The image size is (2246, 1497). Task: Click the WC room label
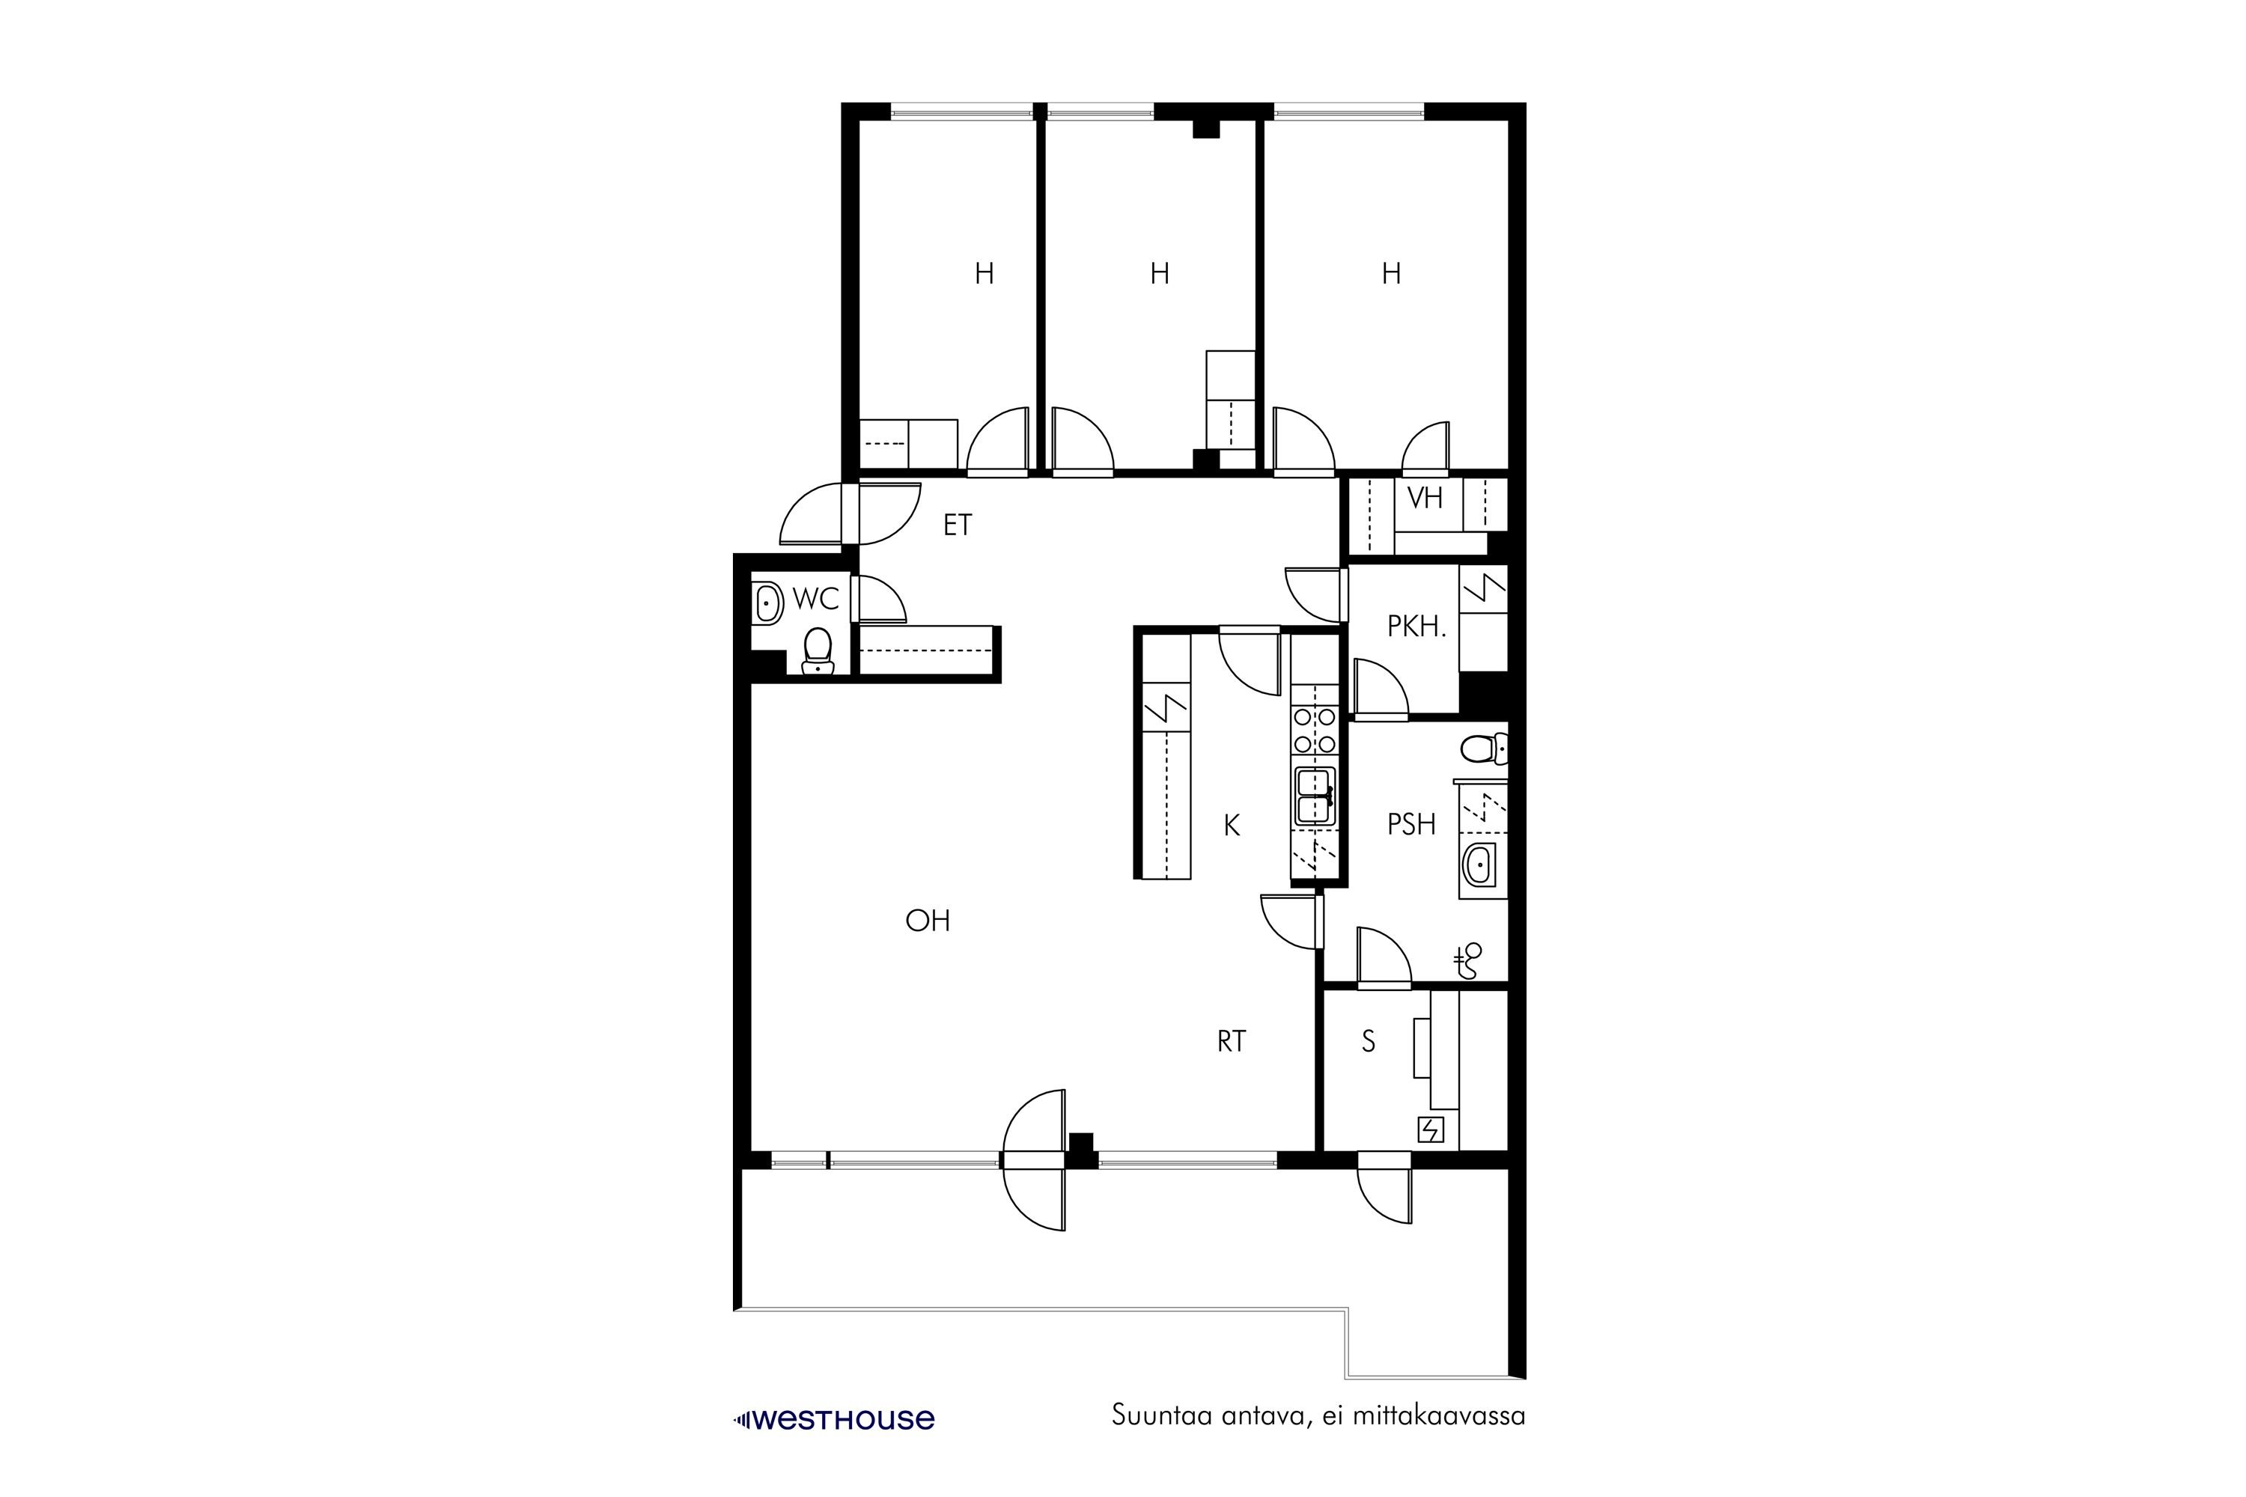(815, 599)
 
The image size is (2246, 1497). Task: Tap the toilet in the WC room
(818, 651)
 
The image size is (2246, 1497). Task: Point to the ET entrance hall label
(957, 525)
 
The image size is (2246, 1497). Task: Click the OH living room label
(928, 921)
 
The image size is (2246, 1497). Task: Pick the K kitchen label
(1232, 826)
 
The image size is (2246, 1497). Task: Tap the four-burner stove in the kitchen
(1313, 731)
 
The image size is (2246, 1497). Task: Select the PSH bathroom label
(1411, 824)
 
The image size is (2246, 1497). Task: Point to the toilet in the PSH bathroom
(1483, 748)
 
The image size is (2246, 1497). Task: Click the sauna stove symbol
(1431, 1130)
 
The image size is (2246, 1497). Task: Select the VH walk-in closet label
(1425, 498)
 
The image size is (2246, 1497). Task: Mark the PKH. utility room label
(1417, 626)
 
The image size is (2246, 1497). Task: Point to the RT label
(1232, 1042)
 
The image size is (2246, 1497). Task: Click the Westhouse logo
(834, 1420)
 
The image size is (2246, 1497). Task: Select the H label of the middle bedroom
(1159, 274)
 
